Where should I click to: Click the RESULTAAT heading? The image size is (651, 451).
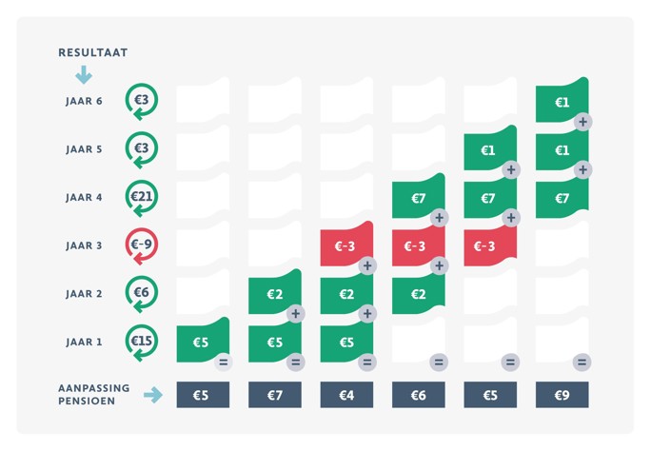click(92, 52)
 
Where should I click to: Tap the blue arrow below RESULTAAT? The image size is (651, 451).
click(83, 73)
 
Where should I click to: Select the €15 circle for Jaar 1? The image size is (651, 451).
click(142, 342)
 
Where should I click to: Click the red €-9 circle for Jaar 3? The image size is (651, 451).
click(142, 245)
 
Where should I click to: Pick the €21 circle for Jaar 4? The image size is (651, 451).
click(142, 198)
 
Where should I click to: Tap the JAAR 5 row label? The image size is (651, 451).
click(85, 150)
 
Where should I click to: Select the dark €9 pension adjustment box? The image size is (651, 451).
click(562, 395)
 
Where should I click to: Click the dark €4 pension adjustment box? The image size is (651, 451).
click(345, 395)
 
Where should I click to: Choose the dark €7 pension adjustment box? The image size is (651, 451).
click(274, 395)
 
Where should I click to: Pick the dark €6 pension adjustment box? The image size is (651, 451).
click(418, 395)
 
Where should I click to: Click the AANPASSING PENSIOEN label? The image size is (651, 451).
click(92, 395)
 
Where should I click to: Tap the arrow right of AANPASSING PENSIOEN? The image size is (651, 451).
click(152, 395)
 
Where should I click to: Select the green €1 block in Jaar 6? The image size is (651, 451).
click(562, 101)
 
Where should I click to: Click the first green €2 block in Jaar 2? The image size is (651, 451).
click(274, 294)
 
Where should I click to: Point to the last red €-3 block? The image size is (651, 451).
click(489, 245)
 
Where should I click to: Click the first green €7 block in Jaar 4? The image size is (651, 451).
click(418, 198)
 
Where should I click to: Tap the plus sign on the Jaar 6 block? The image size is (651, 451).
click(582, 122)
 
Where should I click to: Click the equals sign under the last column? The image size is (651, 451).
click(582, 362)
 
